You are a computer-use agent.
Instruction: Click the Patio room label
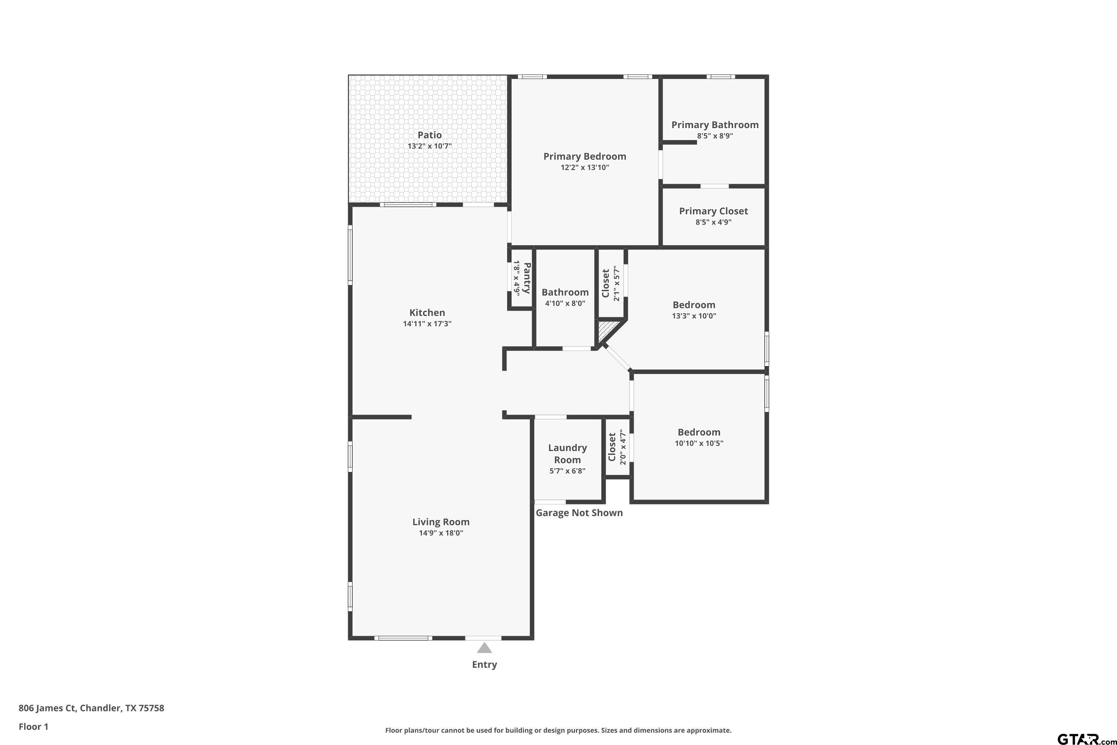click(429, 135)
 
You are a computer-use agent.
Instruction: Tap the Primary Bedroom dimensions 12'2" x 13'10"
click(585, 167)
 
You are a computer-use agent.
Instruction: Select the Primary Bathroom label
click(715, 125)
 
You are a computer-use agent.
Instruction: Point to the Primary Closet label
click(713, 211)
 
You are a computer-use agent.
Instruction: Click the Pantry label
click(527, 278)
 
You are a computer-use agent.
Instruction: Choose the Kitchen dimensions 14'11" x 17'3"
click(427, 324)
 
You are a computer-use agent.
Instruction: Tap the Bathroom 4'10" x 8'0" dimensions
click(565, 303)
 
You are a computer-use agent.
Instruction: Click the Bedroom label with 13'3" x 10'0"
click(694, 305)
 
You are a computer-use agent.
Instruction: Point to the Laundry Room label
click(567, 454)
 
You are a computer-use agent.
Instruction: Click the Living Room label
click(441, 522)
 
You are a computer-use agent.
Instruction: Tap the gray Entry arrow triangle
click(484, 648)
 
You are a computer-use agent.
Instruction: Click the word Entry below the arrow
click(484, 665)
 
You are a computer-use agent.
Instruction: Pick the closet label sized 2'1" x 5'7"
click(610, 283)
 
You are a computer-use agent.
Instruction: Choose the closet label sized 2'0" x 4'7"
click(617, 447)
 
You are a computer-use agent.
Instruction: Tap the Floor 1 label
click(33, 726)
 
